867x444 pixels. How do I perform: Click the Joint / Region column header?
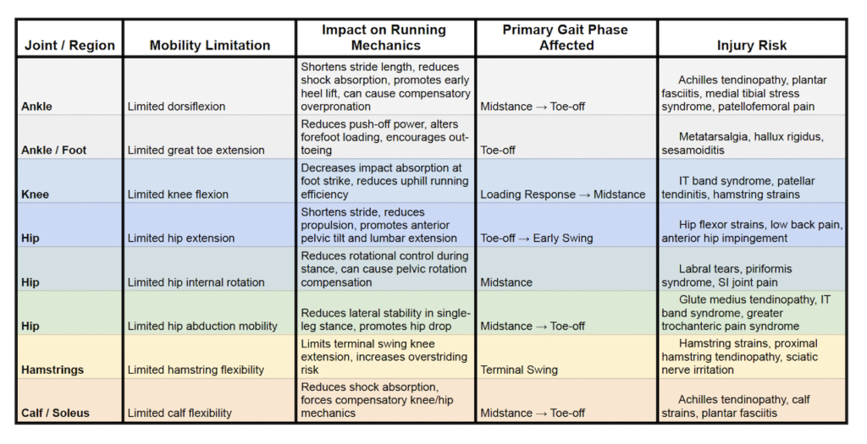(69, 46)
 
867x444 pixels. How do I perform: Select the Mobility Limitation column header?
(210, 46)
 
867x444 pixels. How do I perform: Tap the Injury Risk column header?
(751, 46)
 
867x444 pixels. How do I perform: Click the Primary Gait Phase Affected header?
(566, 37)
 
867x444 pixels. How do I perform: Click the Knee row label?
(35, 195)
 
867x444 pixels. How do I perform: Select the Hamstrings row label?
(52, 370)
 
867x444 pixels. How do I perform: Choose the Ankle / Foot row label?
(52, 151)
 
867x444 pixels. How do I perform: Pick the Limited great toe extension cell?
(196, 151)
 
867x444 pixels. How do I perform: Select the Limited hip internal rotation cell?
(196, 282)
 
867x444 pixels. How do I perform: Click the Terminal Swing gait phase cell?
(519, 370)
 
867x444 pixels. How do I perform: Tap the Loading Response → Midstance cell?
(562, 195)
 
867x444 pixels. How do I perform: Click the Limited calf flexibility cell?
(179, 414)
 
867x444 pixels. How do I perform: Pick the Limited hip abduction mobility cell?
(202, 326)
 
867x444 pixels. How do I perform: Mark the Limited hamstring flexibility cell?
(196, 370)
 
